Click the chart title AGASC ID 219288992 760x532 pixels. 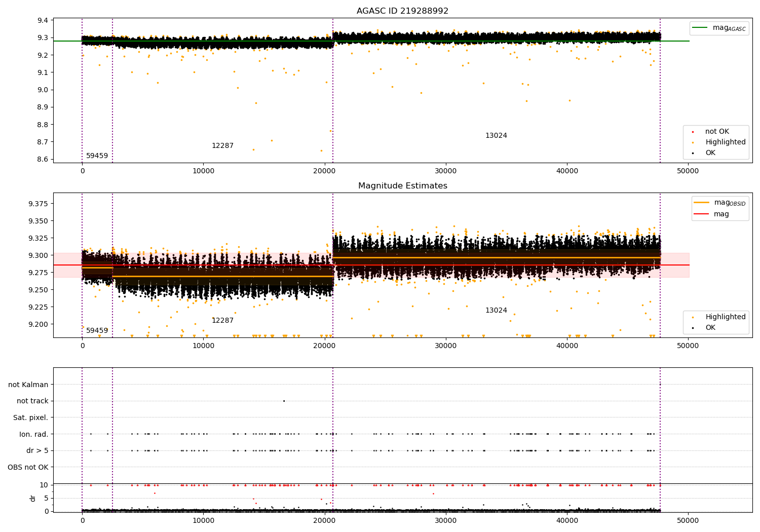click(402, 11)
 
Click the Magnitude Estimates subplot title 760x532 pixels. click(403, 185)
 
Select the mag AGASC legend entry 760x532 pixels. click(719, 28)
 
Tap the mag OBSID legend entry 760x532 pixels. click(719, 203)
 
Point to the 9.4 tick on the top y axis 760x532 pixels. click(43, 20)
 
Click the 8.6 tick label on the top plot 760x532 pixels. click(43, 159)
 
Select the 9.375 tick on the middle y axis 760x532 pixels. click(39, 204)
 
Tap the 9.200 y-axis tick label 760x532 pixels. click(39, 324)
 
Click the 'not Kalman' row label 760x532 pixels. click(28, 385)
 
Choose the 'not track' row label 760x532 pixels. click(32, 401)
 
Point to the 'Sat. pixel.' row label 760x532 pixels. click(30, 417)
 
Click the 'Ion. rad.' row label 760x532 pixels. click(33, 434)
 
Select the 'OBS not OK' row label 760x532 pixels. click(28, 467)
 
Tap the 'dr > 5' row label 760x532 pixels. click(37, 450)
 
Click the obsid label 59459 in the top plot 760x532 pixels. click(97, 156)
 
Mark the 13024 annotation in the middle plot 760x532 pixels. click(496, 310)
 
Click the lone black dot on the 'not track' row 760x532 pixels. click(284, 401)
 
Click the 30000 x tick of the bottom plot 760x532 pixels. click(446, 520)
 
